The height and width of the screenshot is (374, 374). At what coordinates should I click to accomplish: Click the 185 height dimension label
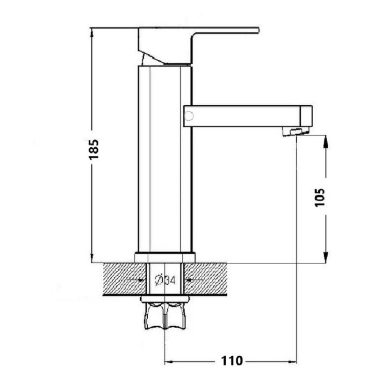click(x=93, y=149)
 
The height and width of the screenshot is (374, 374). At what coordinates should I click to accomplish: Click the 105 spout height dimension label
click(x=320, y=198)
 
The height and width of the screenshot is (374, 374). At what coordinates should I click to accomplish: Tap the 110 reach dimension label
click(x=231, y=360)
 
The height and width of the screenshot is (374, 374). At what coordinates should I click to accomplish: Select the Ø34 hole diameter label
click(x=165, y=280)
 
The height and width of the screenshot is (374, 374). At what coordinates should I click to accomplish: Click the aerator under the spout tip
click(x=295, y=131)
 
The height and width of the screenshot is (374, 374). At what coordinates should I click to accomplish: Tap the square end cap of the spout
click(x=306, y=116)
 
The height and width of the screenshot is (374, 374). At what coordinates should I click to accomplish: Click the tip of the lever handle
click(x=259, y=30)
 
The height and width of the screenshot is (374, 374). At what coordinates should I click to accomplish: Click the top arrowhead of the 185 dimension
click(x=92, y=31)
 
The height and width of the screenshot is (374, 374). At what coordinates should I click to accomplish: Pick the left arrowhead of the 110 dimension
click(x=168, y=362)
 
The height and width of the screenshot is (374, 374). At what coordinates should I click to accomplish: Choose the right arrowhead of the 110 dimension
click(x=293, y=362)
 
